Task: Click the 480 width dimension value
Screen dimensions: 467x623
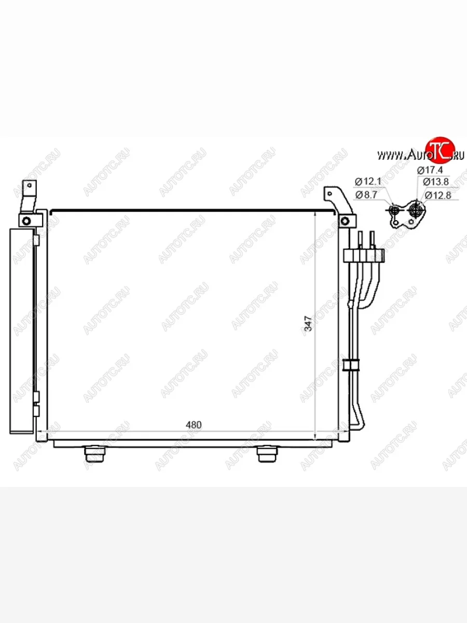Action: tap(194, 425)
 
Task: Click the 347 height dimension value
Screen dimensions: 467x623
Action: tap(308, 323)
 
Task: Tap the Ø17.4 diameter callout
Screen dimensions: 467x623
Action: tap(430, 170)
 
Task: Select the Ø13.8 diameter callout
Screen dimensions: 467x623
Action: tap(436, 182)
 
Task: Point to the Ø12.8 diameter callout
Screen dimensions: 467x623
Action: tap(438, 195)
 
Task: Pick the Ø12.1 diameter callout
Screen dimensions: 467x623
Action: tap(368, 181)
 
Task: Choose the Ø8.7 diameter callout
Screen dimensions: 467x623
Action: tap(366, 195)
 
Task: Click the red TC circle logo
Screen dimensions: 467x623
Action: tap(440, 150)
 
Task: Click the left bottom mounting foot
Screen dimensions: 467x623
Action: tap(95, 454)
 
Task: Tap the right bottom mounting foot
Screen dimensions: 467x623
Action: tap(267, 454)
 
